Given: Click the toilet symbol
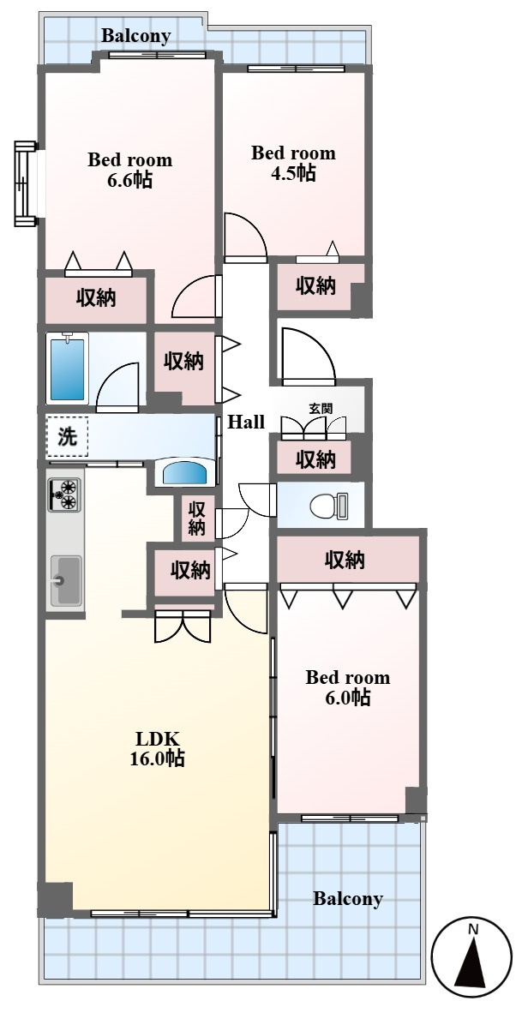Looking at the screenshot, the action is pyautogui.click(x=329, y=505).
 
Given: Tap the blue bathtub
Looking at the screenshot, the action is pyautogui.click(x=67, y=367).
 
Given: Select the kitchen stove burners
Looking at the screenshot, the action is pyautogui.click(x=64, y=495).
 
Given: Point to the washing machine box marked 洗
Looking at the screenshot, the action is pyautogui.click(x=67, y=437).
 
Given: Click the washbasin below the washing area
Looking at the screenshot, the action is pyautogui.click(x=186, y=472).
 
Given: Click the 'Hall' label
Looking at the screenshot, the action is pyautogui.click(x=246, y=422).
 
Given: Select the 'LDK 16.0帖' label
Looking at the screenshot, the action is pyautogui.click(x=157, y=748).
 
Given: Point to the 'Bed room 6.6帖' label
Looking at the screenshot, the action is pyautogui.click(x=130, y=169).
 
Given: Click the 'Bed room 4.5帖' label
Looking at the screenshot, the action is pyautogui.click(x=293, y=163).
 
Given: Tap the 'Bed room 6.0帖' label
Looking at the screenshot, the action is pyautogui.click(x=348, y=687).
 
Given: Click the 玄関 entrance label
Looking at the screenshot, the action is pyautogui.click(x=320, y=408).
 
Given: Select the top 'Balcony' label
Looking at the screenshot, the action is pyautogui.click(x=136, y=36).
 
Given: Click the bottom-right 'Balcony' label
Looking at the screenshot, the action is pyautogui.click(x=348, y=899).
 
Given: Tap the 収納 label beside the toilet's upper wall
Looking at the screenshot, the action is pyautogui.click(x=315, y=459).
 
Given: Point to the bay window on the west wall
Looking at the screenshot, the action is pyautogui.click(x=26, y=183).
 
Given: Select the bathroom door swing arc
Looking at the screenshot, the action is pyautogui.click(x=117, y=387).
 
